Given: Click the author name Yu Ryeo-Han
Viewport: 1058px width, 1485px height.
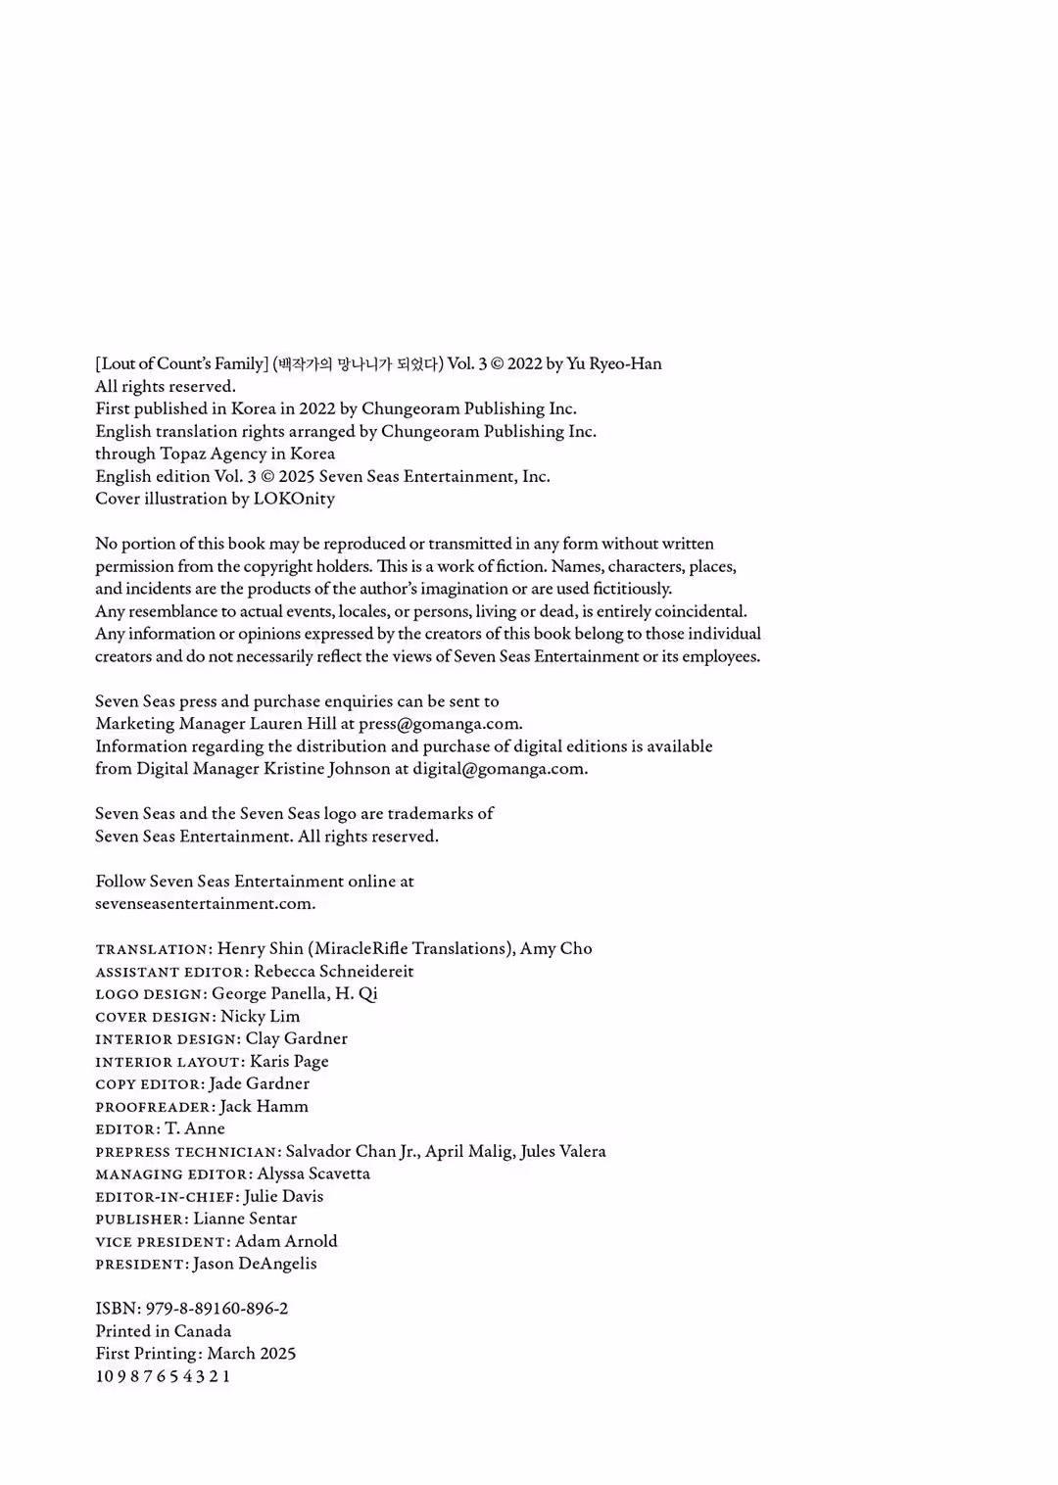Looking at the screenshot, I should point(613,363).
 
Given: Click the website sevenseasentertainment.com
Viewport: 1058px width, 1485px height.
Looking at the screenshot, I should point(205,904).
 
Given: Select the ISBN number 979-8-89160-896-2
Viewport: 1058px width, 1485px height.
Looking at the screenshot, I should point(216,1309).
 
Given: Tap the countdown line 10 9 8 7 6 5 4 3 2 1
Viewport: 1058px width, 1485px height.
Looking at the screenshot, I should point(163,1376).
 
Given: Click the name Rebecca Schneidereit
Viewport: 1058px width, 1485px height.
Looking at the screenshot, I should point(333,972).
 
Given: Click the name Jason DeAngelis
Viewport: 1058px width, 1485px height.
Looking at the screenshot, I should point(255,1264).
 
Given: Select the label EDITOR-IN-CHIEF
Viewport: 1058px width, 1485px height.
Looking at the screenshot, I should point(167,1197).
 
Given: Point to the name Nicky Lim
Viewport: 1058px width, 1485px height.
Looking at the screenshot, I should point(260,1017).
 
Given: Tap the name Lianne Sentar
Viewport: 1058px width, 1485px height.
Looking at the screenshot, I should point(245,1219).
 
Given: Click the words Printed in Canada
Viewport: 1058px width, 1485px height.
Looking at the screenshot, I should point(163,1331).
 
